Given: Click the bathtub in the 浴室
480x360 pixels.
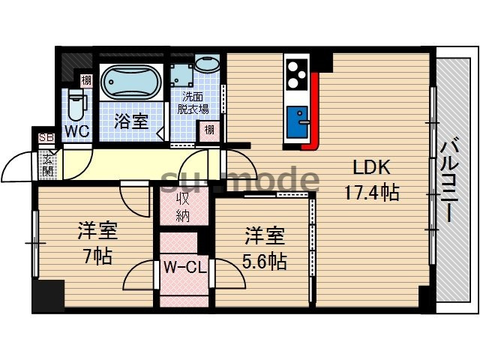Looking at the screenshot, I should (x=130, y=82).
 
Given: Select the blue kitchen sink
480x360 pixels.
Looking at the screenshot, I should (x=298, y=120).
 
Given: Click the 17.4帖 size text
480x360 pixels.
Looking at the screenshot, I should (x=370, y=192).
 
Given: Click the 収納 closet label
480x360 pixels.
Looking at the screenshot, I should (x=182, y=206).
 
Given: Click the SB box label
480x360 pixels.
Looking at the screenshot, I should (x=46, y=137).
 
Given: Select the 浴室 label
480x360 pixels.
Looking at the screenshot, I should (x=130, y=121).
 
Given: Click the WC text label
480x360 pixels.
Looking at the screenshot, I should (x=76, y=130).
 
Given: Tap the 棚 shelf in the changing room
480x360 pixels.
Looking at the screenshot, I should (x=210, y=130).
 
